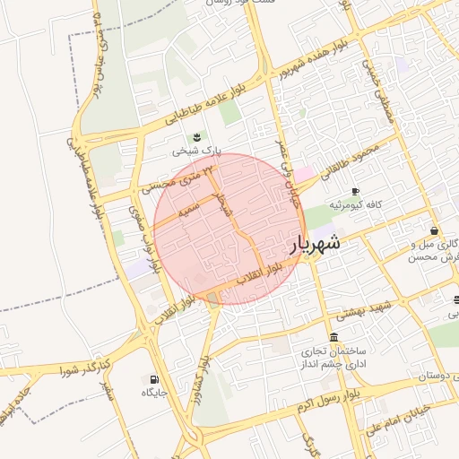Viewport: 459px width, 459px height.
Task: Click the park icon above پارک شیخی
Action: click(197, 136)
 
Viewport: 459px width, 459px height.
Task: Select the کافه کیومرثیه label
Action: click(356, 205)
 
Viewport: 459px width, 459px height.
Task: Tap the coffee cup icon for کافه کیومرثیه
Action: click(355, 191)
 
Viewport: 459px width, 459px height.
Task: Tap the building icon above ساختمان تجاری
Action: click(333, 338)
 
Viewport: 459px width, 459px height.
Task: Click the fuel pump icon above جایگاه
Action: click(154, 379)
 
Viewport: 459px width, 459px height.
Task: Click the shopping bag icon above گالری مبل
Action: click(434, 229)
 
